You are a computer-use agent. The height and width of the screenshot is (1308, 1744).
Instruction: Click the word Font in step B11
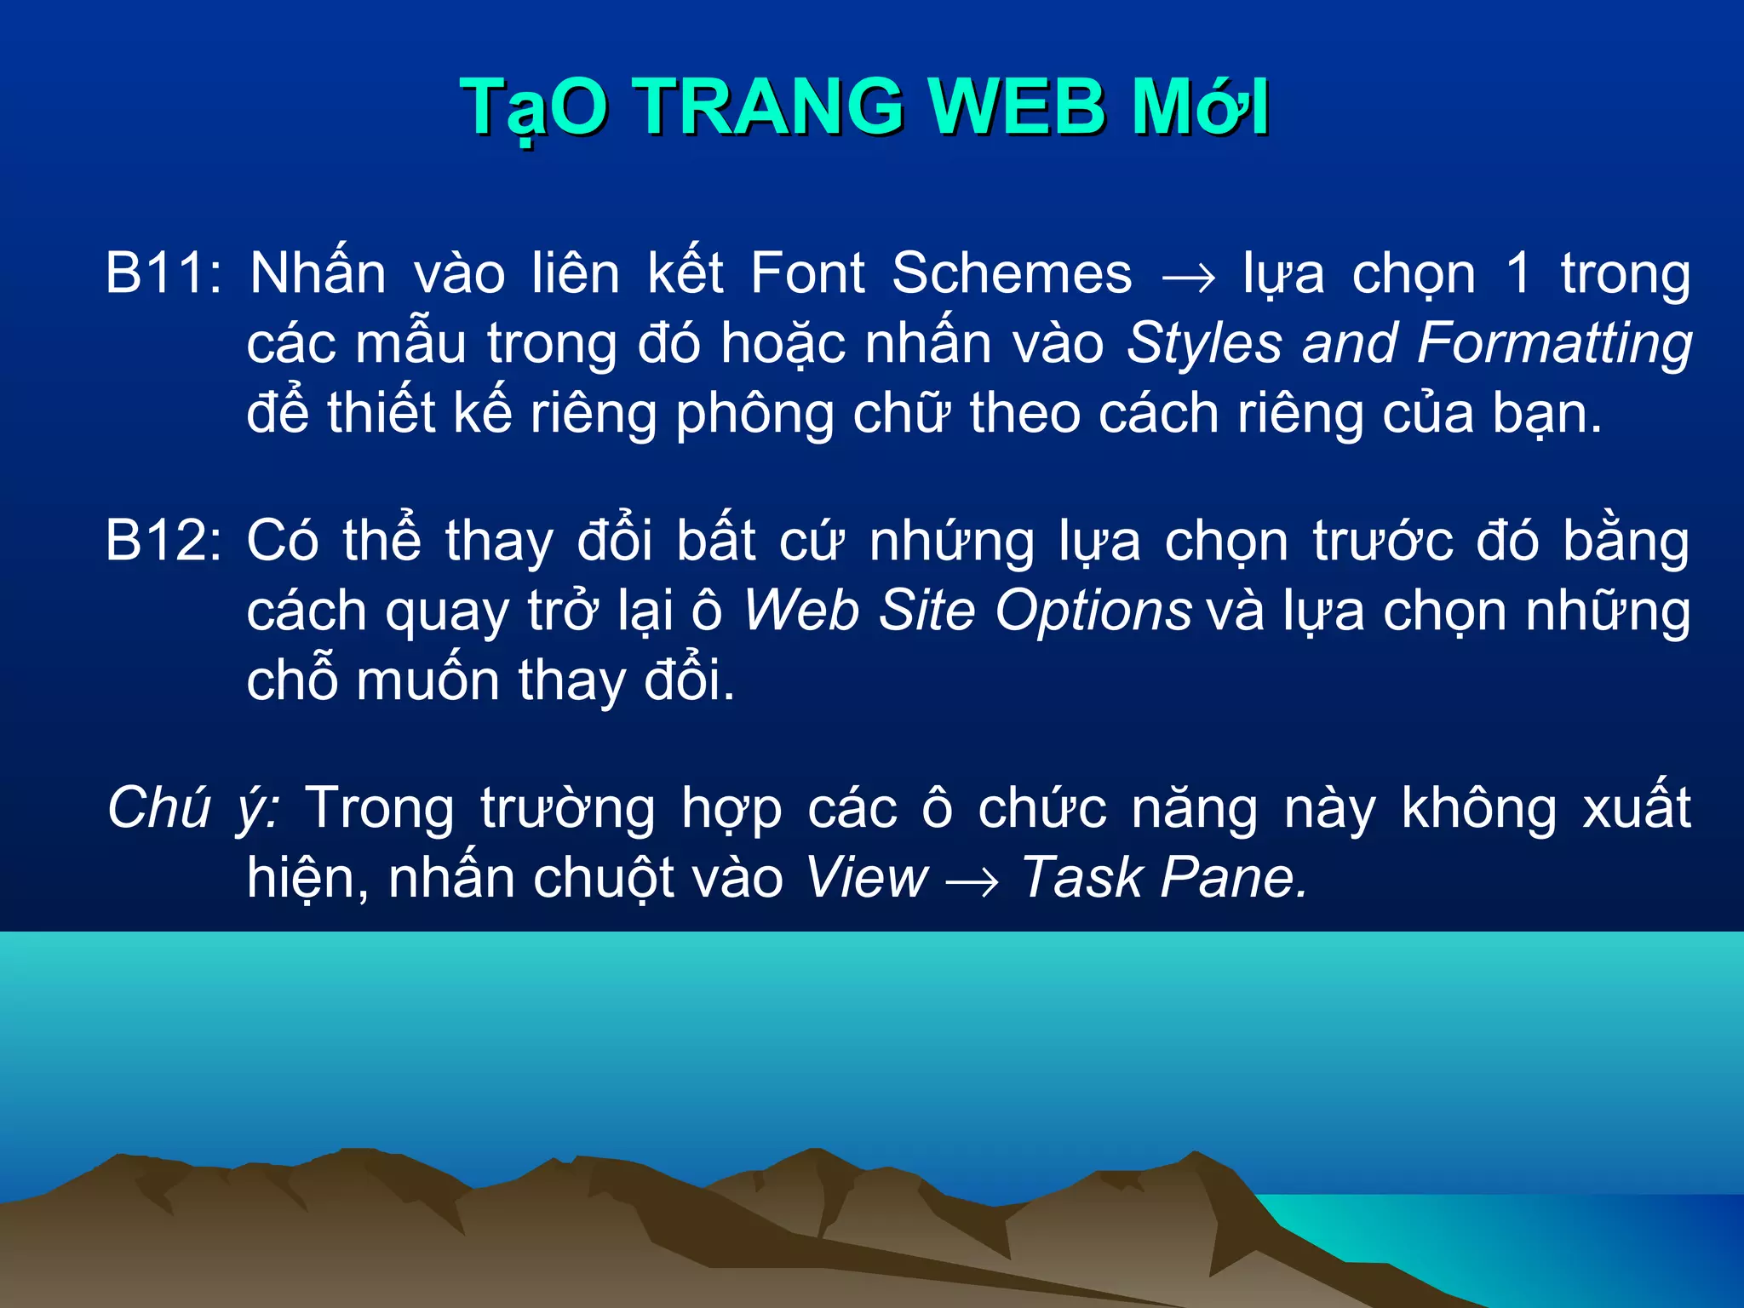[807, 274]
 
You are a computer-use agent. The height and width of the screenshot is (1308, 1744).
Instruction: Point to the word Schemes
[1012, 274]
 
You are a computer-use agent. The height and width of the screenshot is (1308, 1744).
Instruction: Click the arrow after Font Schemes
[1188, 278]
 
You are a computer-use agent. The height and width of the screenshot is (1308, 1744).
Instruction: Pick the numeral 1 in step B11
[1518, 274]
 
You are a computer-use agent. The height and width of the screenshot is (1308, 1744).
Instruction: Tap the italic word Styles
[1204, 344]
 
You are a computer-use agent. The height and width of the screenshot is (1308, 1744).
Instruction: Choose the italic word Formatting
[1555, 344]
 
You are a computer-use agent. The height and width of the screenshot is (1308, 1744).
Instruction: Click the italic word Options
[1093, 611]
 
